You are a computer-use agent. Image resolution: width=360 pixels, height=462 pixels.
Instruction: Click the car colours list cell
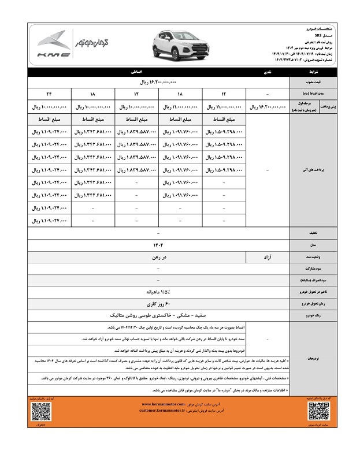point(157,316)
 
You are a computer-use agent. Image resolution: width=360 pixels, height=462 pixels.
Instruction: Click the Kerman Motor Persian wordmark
point(93,42)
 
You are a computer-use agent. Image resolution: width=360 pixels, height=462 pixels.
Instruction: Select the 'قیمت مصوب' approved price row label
point(311,83)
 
